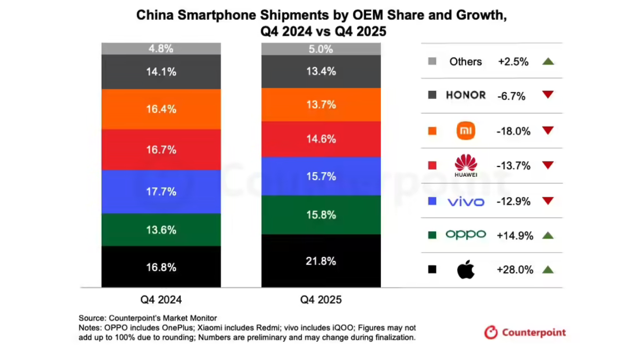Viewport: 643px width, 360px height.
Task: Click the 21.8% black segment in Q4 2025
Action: [321, 261]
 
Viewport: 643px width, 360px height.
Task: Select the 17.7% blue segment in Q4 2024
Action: [161, 191]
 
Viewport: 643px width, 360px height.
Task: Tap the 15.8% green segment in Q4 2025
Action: [321, 215]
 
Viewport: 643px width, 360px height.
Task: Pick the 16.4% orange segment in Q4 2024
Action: [161, 109]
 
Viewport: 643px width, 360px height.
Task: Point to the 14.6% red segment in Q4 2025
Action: [321, 139]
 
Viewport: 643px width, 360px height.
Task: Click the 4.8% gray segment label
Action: [161, 49]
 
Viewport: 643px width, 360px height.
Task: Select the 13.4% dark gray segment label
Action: [321, 71]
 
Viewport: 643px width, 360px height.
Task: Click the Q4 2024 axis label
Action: [161, 300]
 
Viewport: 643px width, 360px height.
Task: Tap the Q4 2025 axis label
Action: [321, 300]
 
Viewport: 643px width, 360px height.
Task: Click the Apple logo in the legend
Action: [465, 270]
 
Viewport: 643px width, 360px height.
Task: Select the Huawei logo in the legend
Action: [466, 165]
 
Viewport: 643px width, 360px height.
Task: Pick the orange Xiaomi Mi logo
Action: [466, 131]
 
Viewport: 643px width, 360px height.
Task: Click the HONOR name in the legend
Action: [466, 95]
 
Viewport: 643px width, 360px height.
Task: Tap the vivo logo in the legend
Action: [466, 201]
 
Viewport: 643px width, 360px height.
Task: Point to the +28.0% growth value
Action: [515, 270]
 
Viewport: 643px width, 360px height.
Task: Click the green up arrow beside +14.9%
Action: [548, 235]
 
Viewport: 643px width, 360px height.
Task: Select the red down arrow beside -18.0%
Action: [548, 130]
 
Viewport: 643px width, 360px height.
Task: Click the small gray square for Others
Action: [432, 61]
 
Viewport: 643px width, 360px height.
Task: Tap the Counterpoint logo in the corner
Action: [525, 332]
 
